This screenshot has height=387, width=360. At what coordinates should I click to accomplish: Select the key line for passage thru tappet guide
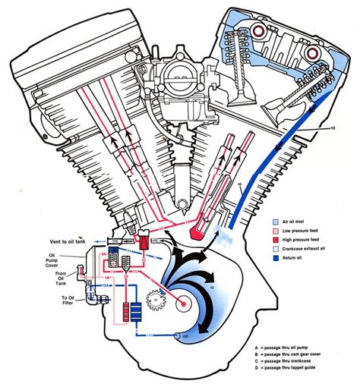(300, 377)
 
